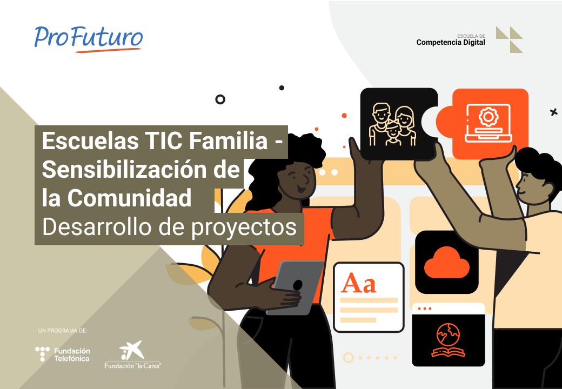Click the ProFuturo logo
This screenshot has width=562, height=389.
click(x=89, y=37)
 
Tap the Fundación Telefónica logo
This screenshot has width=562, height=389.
click(x=63, y=354)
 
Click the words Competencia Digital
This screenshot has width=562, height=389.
click(x=451, y=43)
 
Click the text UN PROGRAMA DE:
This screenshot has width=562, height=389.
click(x=63, y=330)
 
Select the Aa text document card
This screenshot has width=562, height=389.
click(x=369, y=297)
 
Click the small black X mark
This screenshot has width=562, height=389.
click(x=553, y=112)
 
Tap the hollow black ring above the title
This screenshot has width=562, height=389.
click(x=220, y=99)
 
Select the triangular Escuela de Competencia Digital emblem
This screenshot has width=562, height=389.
click(x=509, y=39)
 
